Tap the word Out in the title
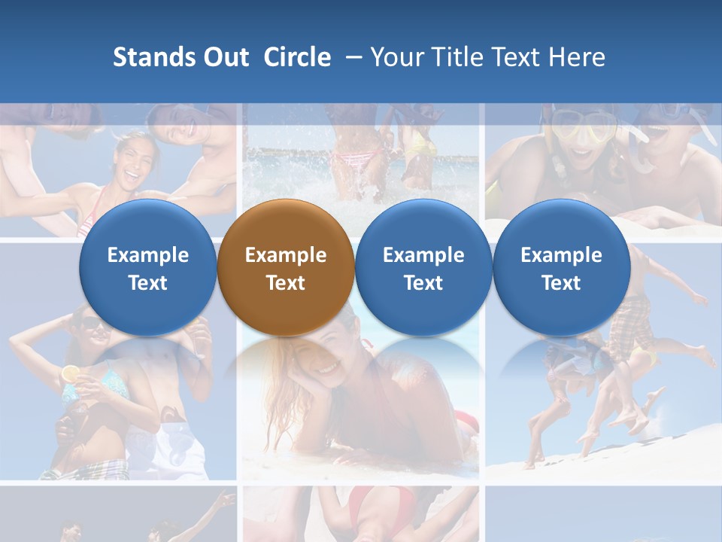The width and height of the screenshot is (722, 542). click(x=225, y=57)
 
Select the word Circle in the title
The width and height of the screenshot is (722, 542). click(x=297, y=57)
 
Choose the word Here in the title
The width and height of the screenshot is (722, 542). click(x=578, y=57)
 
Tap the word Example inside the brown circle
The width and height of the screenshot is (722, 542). click(x=286, y=255)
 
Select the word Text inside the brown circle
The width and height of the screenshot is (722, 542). click(x=286, y=283)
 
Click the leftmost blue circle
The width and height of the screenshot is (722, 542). click(x=147, y=267)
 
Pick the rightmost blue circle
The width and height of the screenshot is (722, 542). click(x=561, y=267)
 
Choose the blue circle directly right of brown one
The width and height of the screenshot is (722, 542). click(x=423, y=267)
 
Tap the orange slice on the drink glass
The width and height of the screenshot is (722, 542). click(x=70, y=373)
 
